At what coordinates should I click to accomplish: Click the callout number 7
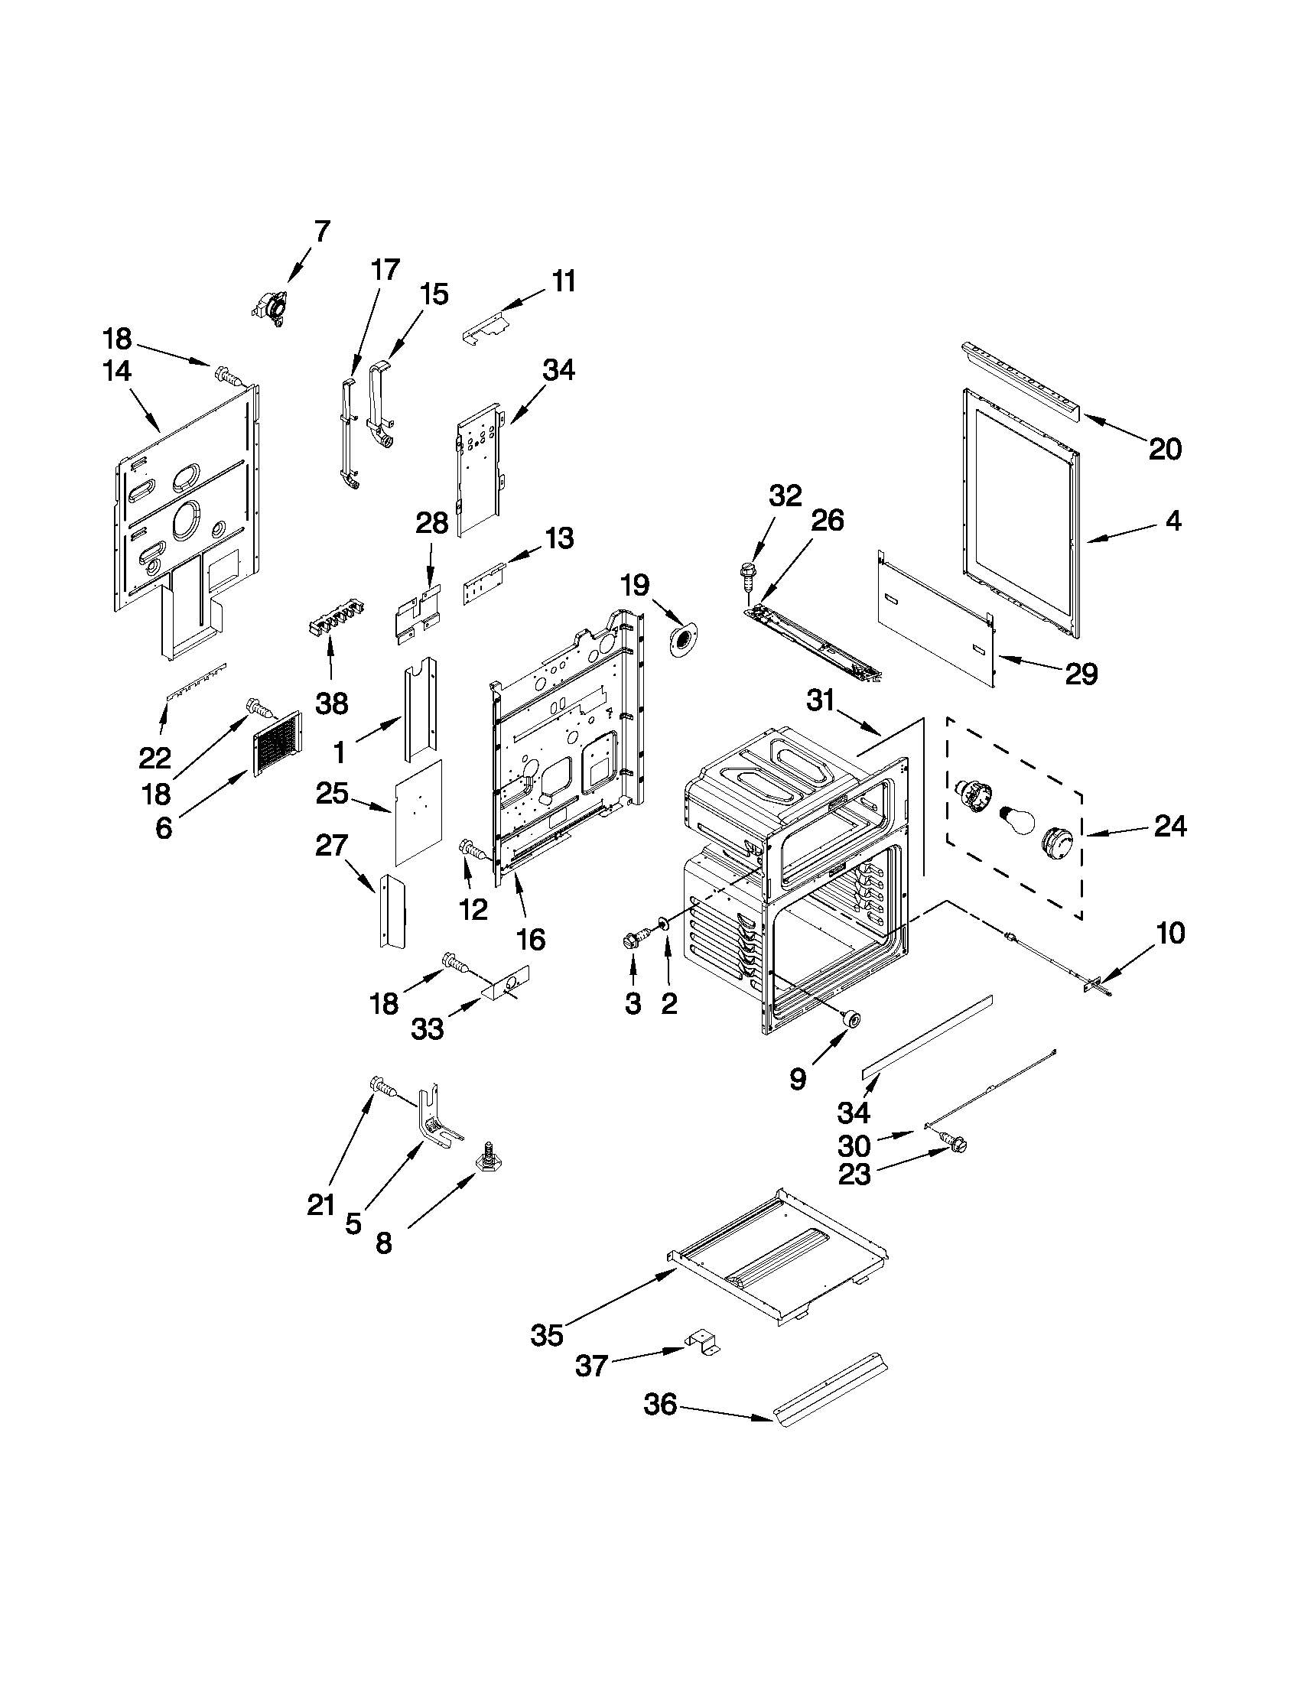click(x=322, y=230)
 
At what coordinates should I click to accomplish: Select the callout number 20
click(x=1165, y=449)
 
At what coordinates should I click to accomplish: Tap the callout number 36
click(x=660, y=1405)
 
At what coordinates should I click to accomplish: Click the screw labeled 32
click(x=746, y=574)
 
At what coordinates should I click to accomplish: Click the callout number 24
click(x=1170, y=827)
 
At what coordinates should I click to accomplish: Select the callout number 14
click(x=117, y=372)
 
